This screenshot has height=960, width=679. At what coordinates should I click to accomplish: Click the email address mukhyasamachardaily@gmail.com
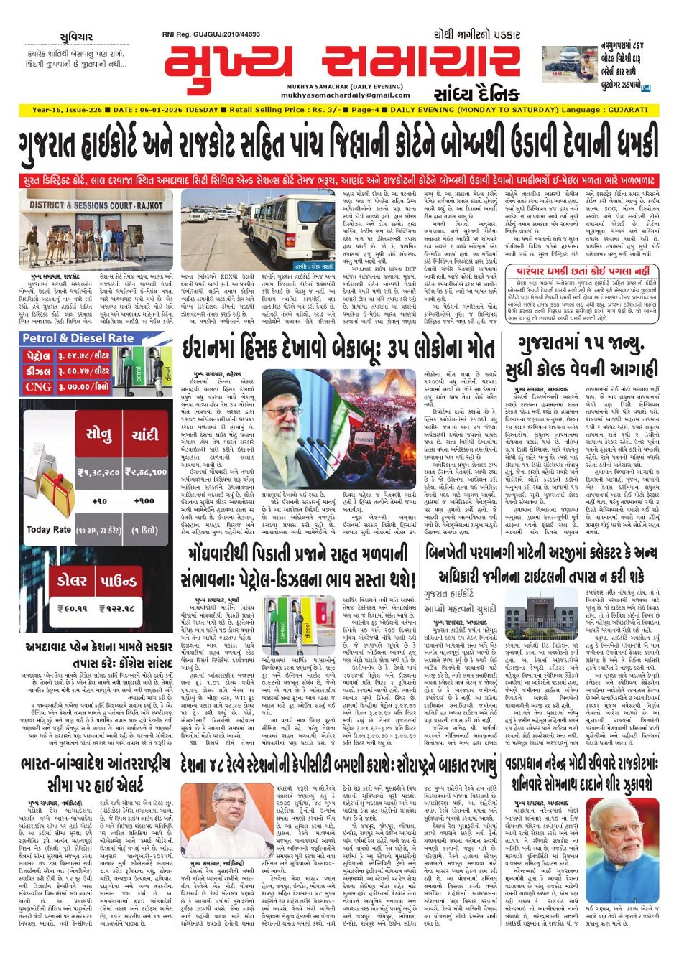(x=336, y=95)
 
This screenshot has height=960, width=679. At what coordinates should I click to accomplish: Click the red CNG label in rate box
(x=38, y=386)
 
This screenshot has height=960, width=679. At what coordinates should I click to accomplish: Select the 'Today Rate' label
(x=48, y=529)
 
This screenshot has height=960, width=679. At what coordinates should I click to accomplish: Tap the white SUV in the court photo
(x=285, y=226)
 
